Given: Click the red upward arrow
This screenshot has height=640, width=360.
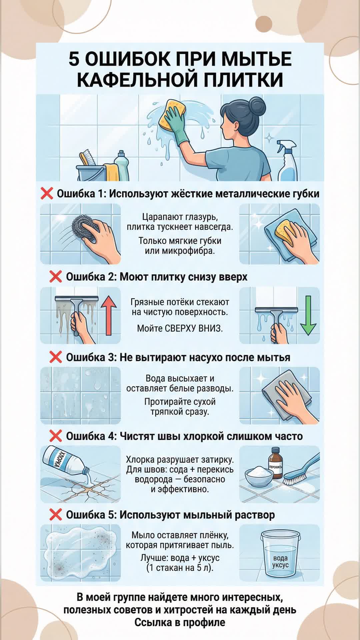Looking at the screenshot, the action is (x=109, y=316).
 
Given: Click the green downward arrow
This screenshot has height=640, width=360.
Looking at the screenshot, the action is (x=308, y=315).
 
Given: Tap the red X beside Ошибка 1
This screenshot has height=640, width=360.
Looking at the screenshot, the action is (x=47, y=193).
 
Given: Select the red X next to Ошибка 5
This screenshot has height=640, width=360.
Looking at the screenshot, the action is (x=55, y=514).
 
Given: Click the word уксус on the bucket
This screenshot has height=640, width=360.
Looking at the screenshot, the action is (x=280, y=565).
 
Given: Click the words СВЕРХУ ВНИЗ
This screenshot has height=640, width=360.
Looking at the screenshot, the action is (x=194, y=328).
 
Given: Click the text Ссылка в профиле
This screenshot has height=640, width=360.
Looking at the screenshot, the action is (x=180, y=622).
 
